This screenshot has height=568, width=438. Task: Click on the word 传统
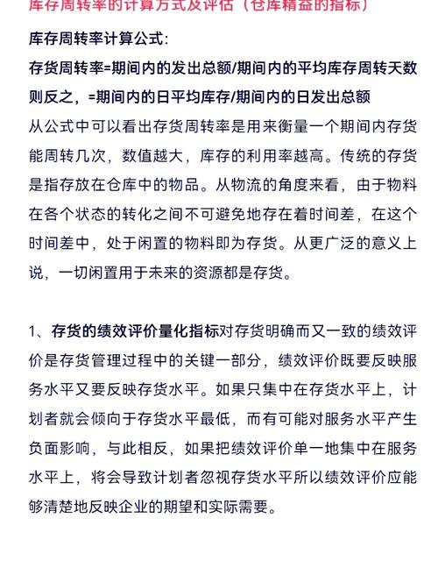pos(367,156)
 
